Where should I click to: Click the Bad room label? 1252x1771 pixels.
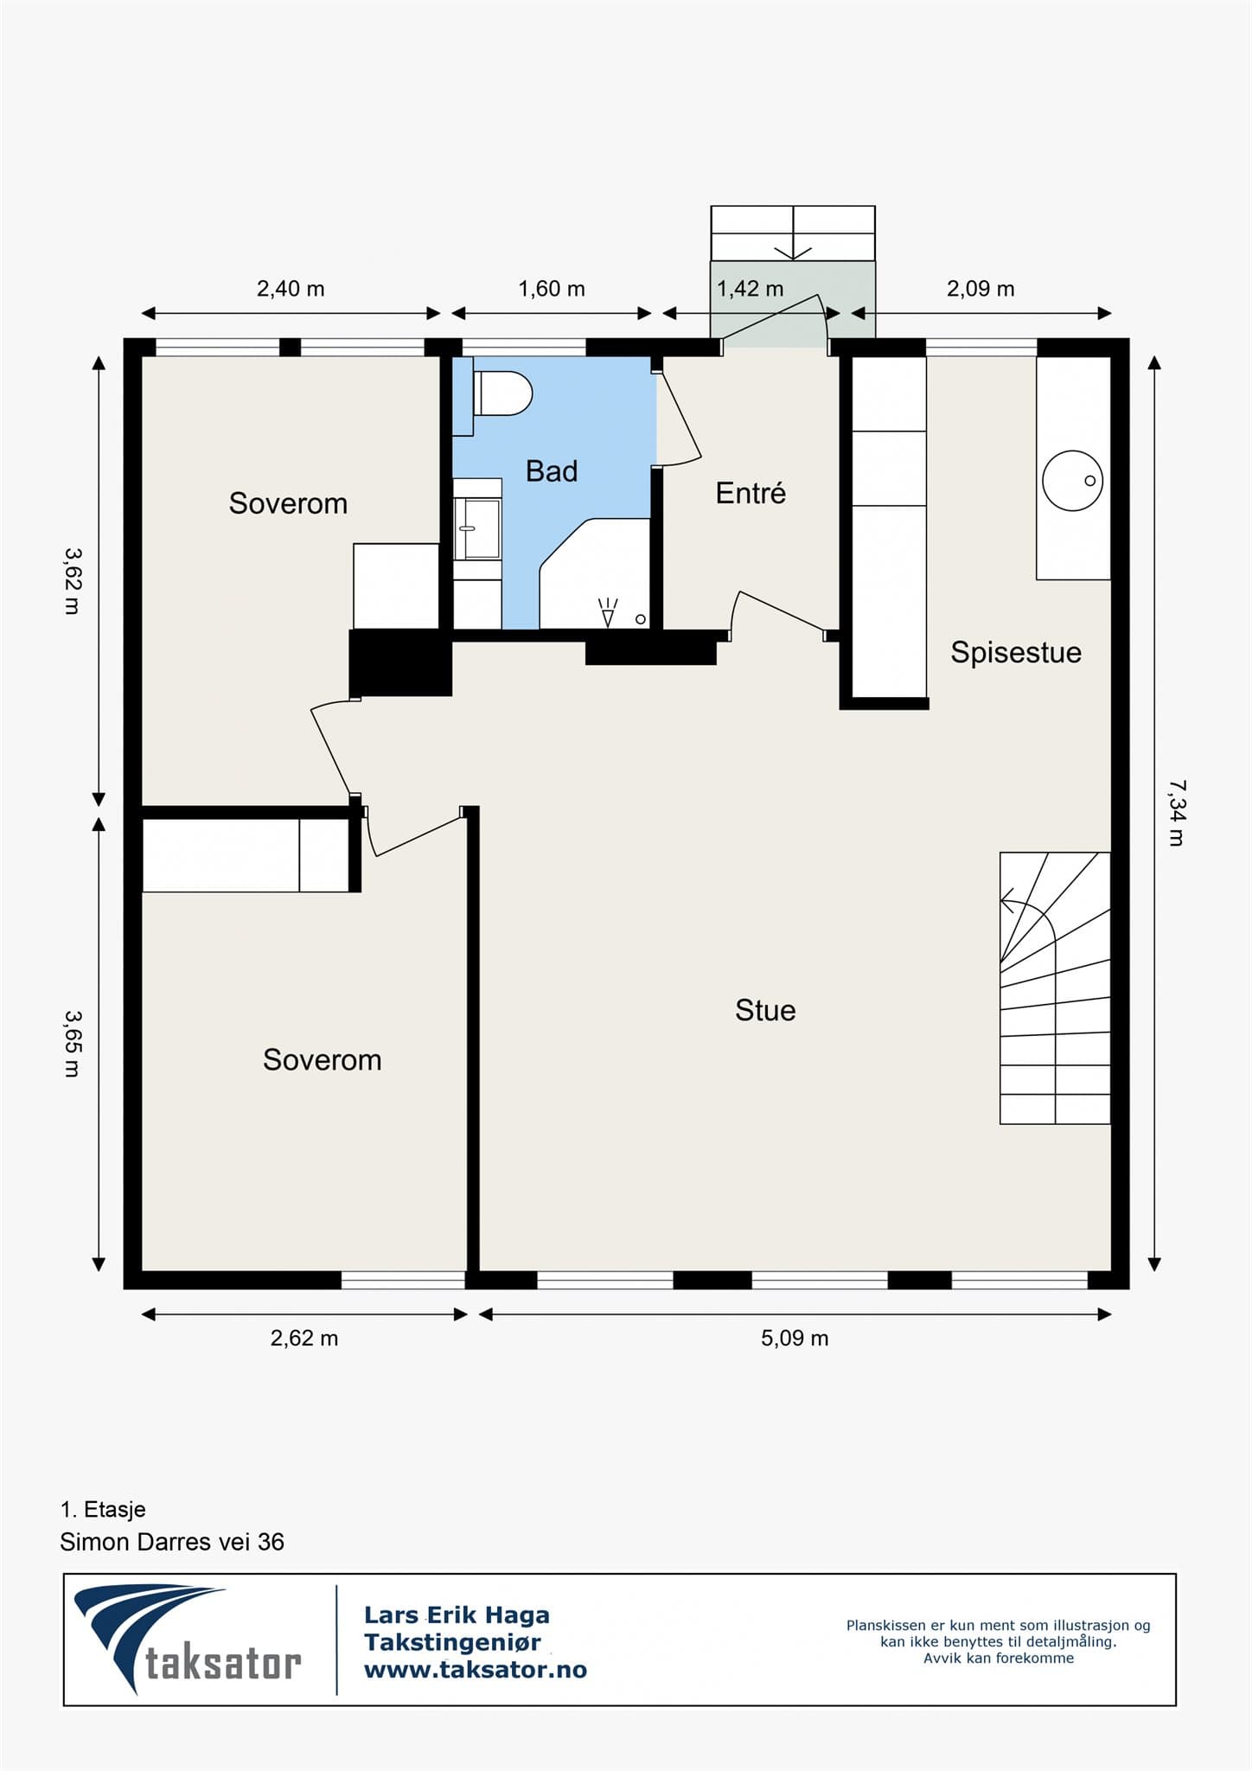click(552, 471)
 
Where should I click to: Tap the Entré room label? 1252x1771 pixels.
click(751, 493)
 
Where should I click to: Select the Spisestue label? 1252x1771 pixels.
click(1016, 652)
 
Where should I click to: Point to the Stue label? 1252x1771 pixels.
click(765, 1010)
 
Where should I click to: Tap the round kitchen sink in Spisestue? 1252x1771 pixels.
click(1073, 480)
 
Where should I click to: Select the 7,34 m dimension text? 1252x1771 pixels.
click(1176, 813)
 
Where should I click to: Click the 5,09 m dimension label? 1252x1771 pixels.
click(795, 1339)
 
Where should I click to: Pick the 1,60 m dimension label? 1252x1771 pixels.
click(552, 289)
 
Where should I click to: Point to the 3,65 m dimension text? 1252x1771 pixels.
click(72, 1044)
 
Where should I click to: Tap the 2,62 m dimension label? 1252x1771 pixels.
click(304, 1339)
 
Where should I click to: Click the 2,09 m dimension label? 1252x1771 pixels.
click(981, 289)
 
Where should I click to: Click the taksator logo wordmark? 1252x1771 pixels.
click(223, 1663)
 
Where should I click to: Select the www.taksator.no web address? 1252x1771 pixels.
click(476, 1670)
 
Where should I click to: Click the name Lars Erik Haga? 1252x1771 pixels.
click(457, 1614)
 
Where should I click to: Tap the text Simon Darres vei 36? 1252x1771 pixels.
click(172, 1542)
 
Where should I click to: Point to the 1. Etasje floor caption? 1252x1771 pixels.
click(103, 1510)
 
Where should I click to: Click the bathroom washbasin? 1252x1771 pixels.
click(478, 528)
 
